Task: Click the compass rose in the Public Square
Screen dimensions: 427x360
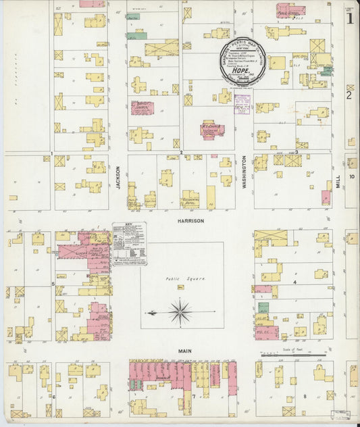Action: (180, 312)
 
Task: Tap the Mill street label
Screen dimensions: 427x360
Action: (338, 180)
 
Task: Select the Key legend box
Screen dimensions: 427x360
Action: (129, 243)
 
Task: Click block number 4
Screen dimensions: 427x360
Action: (295, 281)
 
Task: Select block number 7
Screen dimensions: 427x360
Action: (193, 396)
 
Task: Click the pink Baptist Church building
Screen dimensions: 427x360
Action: (143, 107)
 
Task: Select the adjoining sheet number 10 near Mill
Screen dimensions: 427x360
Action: (352, 176)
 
